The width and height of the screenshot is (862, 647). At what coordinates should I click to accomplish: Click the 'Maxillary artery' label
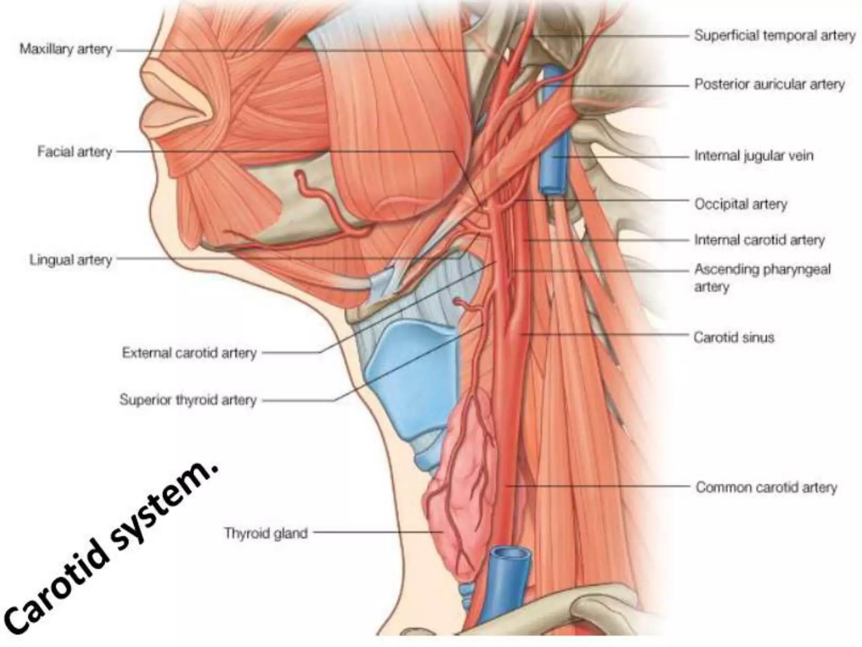(66, 49)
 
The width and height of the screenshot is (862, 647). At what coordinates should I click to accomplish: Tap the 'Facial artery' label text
(74, 152)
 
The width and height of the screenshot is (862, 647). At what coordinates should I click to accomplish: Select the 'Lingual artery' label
(71, 260)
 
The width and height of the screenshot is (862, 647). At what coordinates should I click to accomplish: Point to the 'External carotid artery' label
(189, 353)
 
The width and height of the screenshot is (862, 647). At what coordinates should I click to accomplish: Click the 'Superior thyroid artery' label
(188, 400)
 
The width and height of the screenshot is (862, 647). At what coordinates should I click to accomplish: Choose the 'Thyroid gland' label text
(266, 533)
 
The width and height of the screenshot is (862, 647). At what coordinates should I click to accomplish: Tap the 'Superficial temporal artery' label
(774, 35)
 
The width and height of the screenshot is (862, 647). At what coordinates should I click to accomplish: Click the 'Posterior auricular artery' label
(769, 84)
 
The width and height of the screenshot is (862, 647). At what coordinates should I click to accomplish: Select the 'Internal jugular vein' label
(753, 156)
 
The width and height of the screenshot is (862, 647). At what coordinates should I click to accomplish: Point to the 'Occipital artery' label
(740, 204)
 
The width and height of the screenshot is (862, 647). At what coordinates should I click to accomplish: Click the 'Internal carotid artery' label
(759, 240)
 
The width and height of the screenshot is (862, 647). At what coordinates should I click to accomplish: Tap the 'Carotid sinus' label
(734, 337)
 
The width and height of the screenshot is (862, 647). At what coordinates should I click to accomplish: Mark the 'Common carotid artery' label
(766, 487)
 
